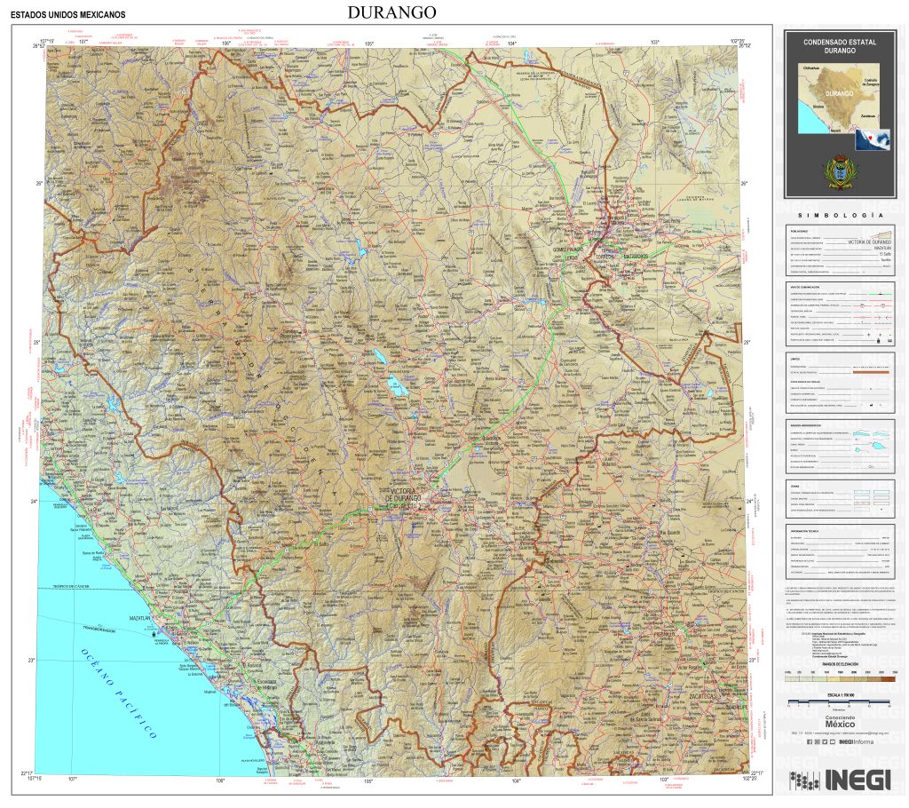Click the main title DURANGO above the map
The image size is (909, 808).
tap(391, 12)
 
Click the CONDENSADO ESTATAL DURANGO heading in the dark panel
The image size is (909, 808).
tap(839, 46)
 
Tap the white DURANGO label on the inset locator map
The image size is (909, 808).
tap(838, 93)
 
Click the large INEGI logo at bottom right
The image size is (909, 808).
tap(840, 779)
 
